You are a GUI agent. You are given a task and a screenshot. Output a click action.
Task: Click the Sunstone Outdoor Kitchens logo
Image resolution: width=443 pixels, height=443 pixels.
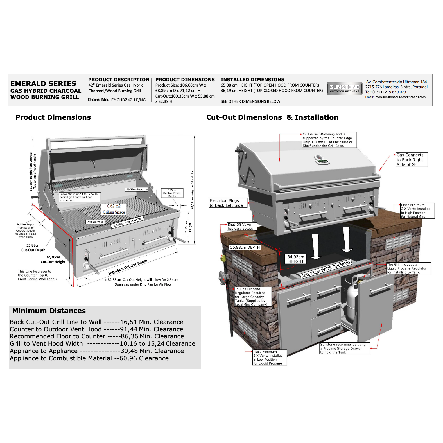click(x=344, y=88)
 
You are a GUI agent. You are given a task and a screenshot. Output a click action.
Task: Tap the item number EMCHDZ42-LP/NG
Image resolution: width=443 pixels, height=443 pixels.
click(x=128, y=100)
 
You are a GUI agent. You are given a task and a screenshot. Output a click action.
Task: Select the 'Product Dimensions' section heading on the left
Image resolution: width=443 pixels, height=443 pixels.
click(x=53, y=117)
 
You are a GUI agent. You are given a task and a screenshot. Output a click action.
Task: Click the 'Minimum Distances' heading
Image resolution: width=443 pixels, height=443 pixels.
click(x=49, y=311)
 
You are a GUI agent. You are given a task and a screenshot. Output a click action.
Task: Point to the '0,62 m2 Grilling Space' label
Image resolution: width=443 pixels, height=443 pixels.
click(x=114, y=209)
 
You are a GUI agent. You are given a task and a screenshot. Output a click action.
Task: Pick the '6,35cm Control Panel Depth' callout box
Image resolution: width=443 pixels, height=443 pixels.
click(x=172, y=193)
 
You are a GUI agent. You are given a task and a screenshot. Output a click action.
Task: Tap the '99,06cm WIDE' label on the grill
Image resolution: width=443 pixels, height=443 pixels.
click(x=95, y=222)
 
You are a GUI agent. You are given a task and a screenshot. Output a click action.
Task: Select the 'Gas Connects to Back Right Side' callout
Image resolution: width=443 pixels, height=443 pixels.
click(x=412, y=160)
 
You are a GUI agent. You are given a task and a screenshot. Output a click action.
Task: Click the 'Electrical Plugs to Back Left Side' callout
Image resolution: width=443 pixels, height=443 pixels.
click(x=228, y=203)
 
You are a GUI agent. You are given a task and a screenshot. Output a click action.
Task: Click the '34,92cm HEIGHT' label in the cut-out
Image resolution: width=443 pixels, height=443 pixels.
click(x=296, y=259)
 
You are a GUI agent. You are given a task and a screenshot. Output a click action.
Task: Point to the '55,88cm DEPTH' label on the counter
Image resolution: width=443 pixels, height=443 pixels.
click(x=245, y=247)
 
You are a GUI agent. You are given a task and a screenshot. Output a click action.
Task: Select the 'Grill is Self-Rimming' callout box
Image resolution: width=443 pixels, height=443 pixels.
click(x=329, y=140)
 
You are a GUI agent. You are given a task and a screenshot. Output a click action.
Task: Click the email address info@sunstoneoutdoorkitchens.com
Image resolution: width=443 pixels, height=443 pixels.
click(x=400, y=97)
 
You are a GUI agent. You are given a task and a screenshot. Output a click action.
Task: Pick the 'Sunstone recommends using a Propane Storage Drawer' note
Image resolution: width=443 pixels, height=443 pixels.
click(x=345, y=348)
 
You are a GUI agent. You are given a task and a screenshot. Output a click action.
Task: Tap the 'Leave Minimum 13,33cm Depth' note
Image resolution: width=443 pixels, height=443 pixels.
click(x=80, y=197)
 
